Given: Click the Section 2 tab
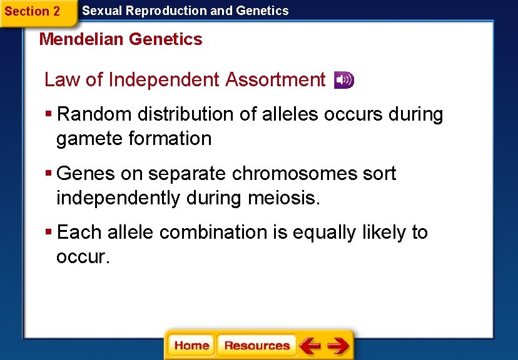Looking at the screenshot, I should tap(33, 11).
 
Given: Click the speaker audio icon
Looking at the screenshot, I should tap(343, 80).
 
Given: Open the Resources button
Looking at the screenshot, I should tap(256, 346).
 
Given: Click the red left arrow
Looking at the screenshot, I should tap(310, 346).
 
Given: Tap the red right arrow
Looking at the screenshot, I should tap(338, 346).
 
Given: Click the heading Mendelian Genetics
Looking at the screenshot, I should tap(121, 39).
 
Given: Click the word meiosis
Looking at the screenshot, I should tap(284, 198).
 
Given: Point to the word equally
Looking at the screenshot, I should tap(323, 232).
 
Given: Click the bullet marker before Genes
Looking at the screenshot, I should tap(48, 174).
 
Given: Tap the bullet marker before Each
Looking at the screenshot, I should tap(48, 232).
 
